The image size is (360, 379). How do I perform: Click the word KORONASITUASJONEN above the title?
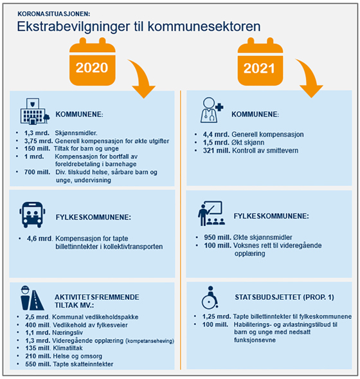coord(54,13)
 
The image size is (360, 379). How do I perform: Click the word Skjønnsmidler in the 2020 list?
coord(74,132)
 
